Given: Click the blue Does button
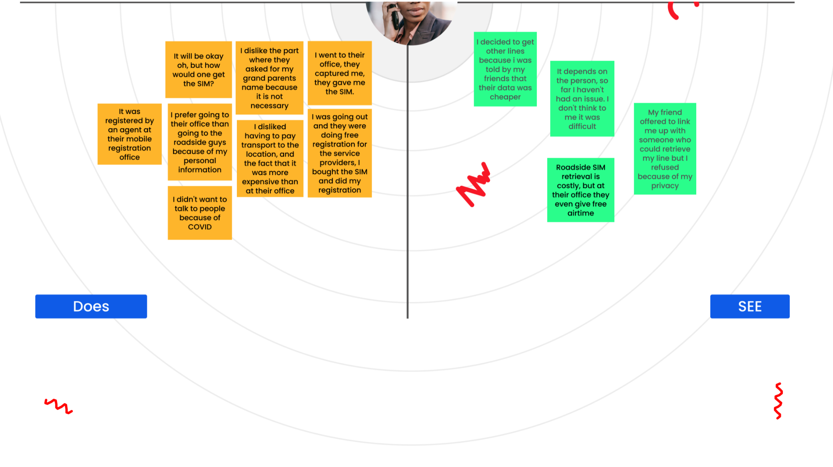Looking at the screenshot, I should [91, 306].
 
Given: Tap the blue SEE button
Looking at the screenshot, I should [749, 306].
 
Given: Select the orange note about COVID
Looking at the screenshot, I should [200, 213].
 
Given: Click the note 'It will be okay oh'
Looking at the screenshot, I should [198, 69].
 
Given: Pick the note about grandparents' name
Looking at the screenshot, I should [269, 78].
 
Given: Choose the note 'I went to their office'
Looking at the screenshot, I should [339, 73].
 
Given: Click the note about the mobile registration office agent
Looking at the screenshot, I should [129, 134].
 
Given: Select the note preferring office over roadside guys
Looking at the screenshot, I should [200, 142].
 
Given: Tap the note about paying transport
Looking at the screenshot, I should [270, 159].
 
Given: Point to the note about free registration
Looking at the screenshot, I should [339, 153].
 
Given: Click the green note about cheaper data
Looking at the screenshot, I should [505, 69].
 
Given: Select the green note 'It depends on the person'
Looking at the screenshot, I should [582, 98].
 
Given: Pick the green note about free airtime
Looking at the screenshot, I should [580, 190].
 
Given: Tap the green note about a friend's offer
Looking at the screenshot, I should [665, 149].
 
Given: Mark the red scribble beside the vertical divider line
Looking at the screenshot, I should [474, 185].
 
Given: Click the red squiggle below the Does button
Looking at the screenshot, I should [58, 406].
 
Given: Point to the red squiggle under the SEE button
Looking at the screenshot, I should [778, 401].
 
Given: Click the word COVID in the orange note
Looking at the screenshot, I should [200, 227].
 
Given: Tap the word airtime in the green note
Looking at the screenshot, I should [580, 213].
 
